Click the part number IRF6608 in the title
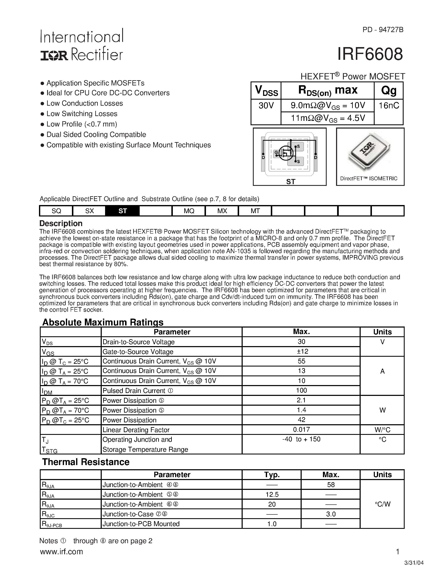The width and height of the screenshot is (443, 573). click(x=370, y=54)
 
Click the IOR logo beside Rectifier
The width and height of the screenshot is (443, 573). click(x=54, y=55)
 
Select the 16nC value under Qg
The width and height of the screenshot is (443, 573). click(x=389, y=105)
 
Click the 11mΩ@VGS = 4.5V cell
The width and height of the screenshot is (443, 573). click(x=328, y=118)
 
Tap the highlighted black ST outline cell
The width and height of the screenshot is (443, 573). click(x=123, y=211)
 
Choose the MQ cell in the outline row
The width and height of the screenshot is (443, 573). click(x=189, y=211)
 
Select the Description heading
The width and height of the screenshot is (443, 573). click(x=61, y=223)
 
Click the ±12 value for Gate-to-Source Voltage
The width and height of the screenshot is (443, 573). click(x=301, y=351)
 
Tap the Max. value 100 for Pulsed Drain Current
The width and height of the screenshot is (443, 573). click(x=301, y=390)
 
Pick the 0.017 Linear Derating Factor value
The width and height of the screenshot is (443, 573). click(x=301, y=429)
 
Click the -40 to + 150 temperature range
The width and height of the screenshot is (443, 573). click(x=301, y=439)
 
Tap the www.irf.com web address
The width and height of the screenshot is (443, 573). click(x=61, y=552)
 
